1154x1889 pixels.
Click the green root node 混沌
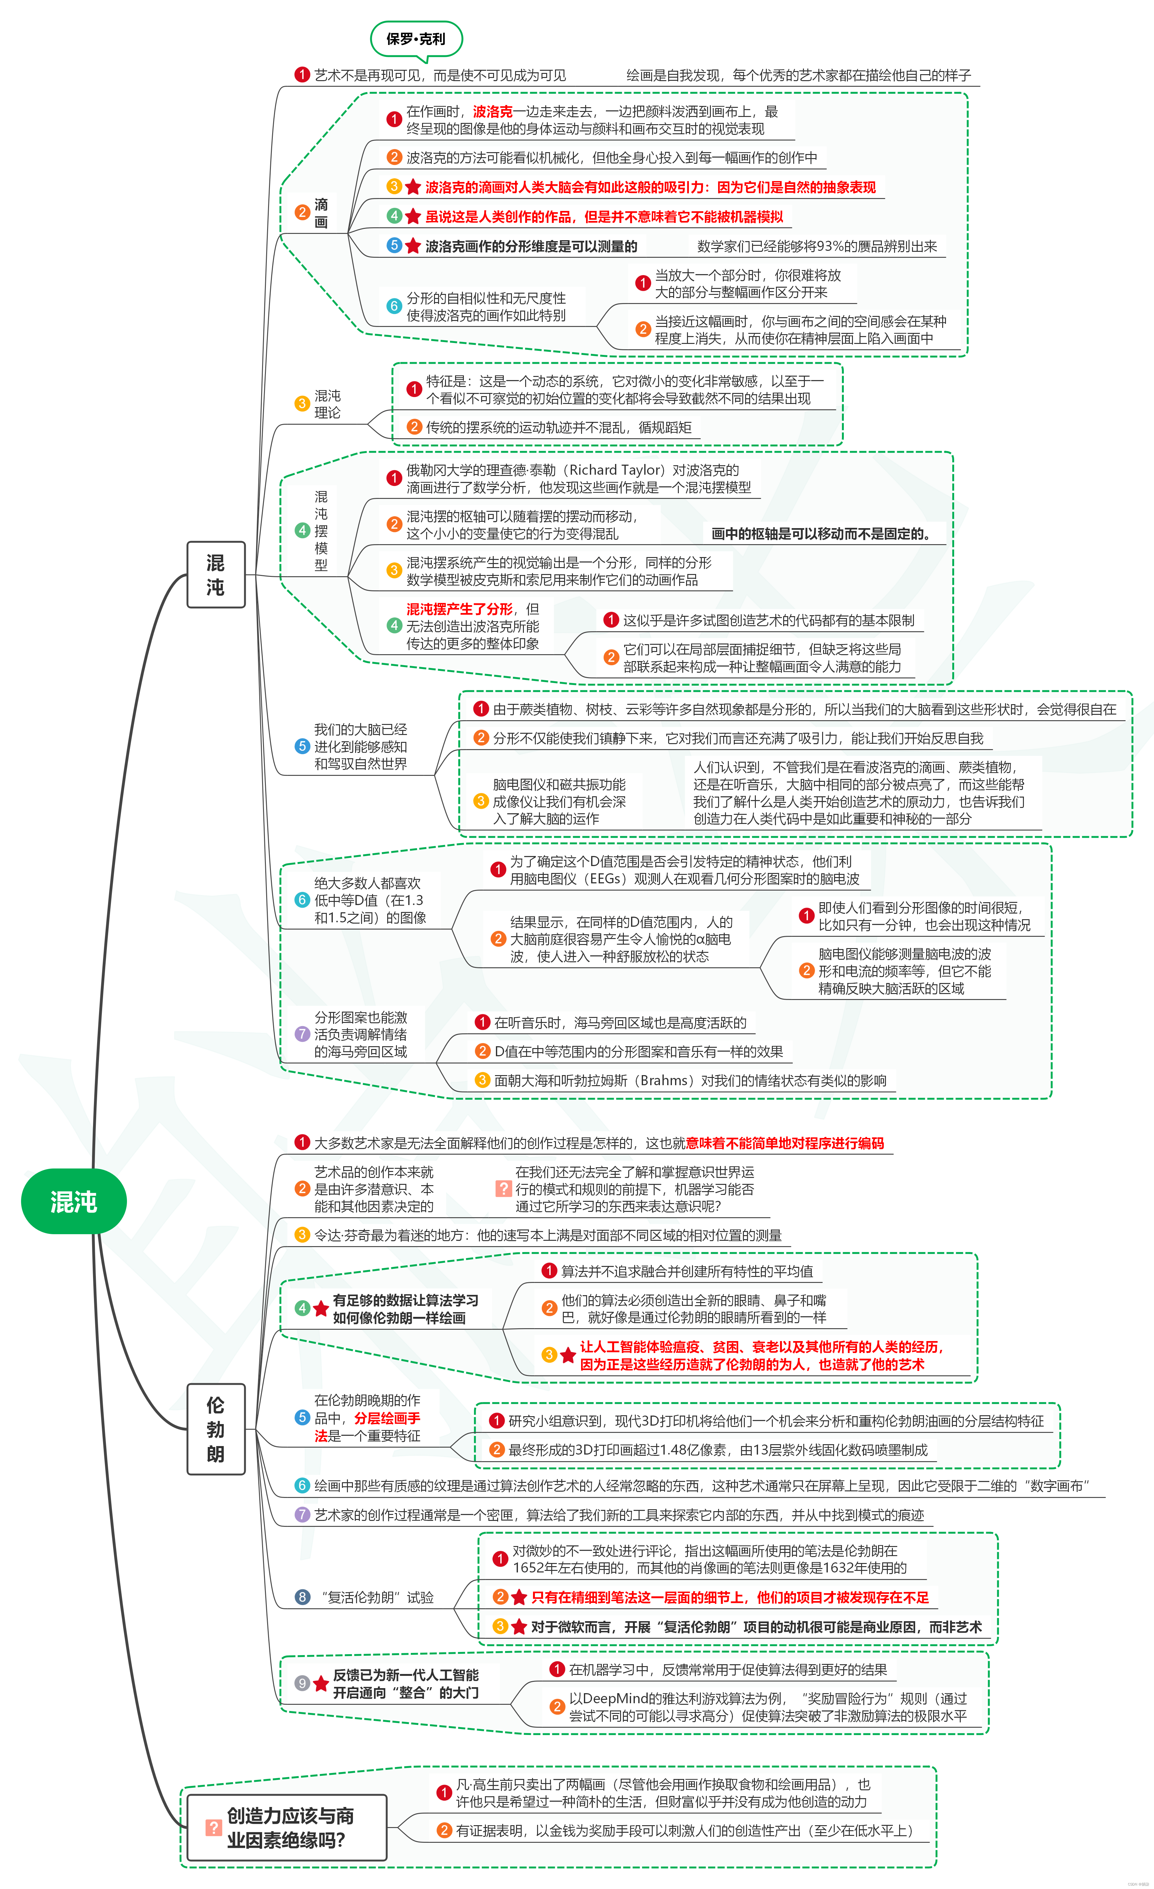(74, 1201)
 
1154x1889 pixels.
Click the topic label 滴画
(321, 213)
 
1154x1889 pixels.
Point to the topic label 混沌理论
(327, 404)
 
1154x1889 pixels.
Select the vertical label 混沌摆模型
(321, 531)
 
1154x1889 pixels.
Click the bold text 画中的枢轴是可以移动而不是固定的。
(822, 533)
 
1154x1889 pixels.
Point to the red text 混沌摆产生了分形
(459, 609)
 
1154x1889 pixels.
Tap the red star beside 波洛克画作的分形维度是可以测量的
(413, 246)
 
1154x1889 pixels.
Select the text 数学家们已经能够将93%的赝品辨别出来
(817, 246)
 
